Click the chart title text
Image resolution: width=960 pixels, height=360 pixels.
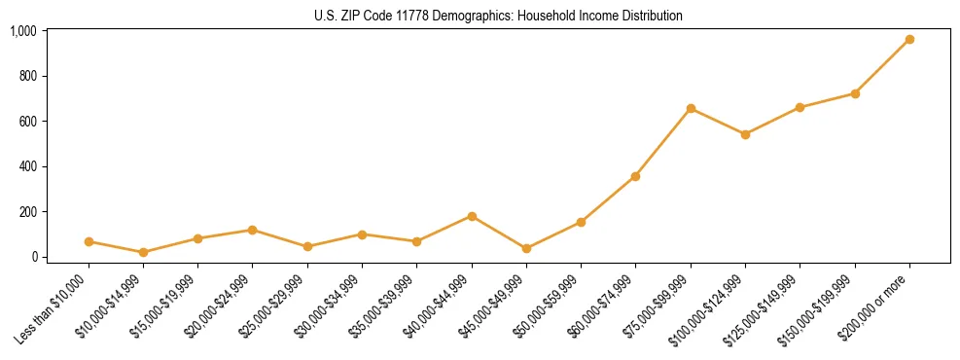498,16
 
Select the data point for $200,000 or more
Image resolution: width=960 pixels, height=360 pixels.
909,40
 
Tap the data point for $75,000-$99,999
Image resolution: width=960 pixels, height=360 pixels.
691,109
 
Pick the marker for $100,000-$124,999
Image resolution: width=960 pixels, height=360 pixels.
745,134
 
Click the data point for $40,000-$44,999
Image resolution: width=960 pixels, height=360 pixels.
472,216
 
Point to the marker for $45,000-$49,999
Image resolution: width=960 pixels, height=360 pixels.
526,249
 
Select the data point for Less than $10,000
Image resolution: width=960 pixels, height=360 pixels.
89,241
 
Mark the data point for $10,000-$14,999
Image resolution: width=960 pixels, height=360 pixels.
143,252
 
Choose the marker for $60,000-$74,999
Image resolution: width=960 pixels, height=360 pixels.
635,176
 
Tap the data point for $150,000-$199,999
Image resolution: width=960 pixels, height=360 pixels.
855,93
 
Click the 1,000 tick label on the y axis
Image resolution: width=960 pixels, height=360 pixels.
23,31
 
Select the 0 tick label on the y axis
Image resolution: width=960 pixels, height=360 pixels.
33,257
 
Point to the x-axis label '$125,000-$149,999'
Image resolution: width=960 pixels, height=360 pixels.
765,310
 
